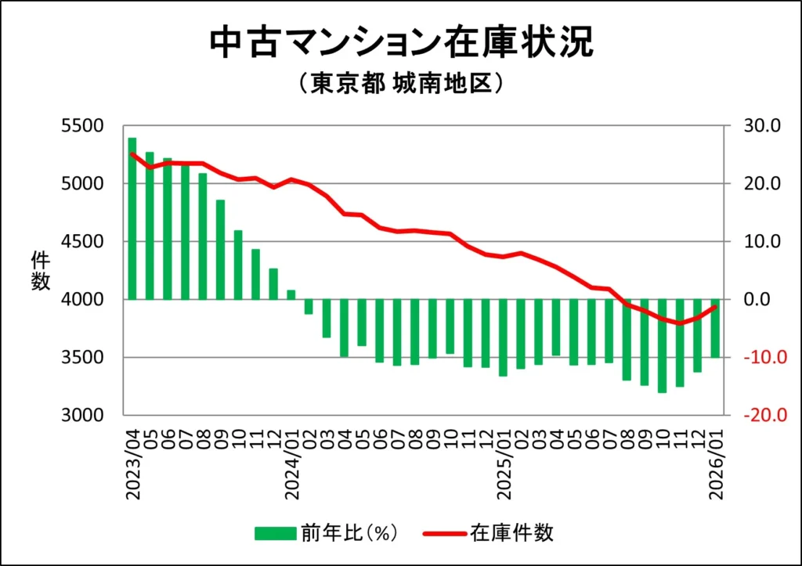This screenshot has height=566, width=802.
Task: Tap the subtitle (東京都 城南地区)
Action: click(x=400, y=84)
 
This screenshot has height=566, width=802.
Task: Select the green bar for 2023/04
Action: click(x=132, y=218)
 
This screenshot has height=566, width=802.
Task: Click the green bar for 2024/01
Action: click(x=291, y=295)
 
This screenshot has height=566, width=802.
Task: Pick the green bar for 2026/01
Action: click(x=714, y=328)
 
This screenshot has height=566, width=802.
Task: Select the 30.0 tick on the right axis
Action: click(x=756, y=126)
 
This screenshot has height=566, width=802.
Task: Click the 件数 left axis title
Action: click(x=41, y=271)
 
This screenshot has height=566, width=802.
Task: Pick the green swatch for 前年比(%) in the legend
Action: click(x=275, y=533)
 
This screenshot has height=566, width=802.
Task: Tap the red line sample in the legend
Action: click(x=445, y=534)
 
